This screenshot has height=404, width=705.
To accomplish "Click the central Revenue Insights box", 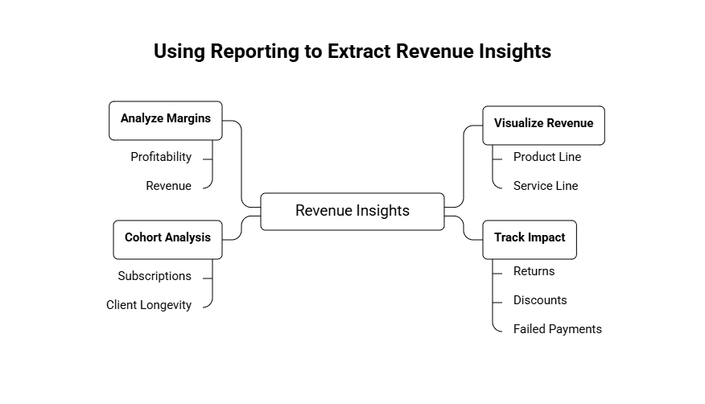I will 352,211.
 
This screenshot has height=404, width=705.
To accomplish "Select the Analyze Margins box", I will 165,119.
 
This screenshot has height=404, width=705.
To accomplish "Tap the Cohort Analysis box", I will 167,238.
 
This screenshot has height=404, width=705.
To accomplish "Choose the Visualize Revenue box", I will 543,124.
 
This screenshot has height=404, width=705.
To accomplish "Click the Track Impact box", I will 530,238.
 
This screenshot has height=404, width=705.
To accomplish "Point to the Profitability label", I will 161,157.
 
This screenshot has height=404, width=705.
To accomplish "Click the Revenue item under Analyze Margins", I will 168,186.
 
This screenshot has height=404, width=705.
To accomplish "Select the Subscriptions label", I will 155,276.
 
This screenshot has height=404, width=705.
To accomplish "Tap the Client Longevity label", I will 149,305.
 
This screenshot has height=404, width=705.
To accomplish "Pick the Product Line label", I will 546,157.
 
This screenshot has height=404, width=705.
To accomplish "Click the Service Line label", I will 545,186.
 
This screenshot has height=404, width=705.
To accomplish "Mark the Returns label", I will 534,271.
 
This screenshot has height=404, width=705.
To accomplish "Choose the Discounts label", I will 539,300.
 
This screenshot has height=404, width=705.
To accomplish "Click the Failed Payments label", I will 557,329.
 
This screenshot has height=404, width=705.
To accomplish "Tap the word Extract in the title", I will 358,52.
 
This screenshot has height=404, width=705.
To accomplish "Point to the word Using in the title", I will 179,52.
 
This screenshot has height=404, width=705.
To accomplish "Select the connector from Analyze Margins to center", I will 241,161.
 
